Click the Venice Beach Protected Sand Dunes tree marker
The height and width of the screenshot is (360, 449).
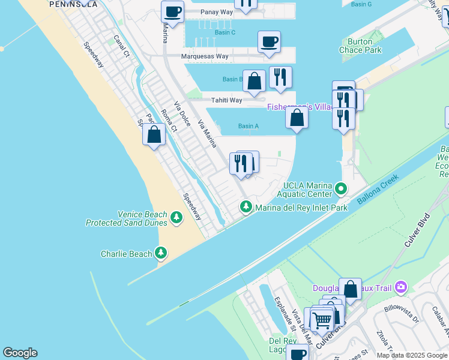[x=176, y=217]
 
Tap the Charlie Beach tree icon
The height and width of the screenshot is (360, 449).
[x=161, y=253]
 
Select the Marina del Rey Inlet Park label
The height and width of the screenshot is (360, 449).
[x=301, y=208]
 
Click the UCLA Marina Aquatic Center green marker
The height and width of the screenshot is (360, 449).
[x=341, y=190]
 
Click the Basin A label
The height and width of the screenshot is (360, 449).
[x=248, y=126]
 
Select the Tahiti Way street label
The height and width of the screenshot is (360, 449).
[x=226, y=100]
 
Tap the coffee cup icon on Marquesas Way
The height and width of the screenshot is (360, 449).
[x=269, y=42]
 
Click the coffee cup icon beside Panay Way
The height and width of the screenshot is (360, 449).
[x=172, y=12]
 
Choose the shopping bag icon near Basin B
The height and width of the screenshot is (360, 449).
[x=255, y=81]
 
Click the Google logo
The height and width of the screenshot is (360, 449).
[x=20, y=353]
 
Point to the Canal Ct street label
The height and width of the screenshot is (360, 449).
[x=122, y=45]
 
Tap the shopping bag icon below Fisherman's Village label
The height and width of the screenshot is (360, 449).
[x=297, y=117]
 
